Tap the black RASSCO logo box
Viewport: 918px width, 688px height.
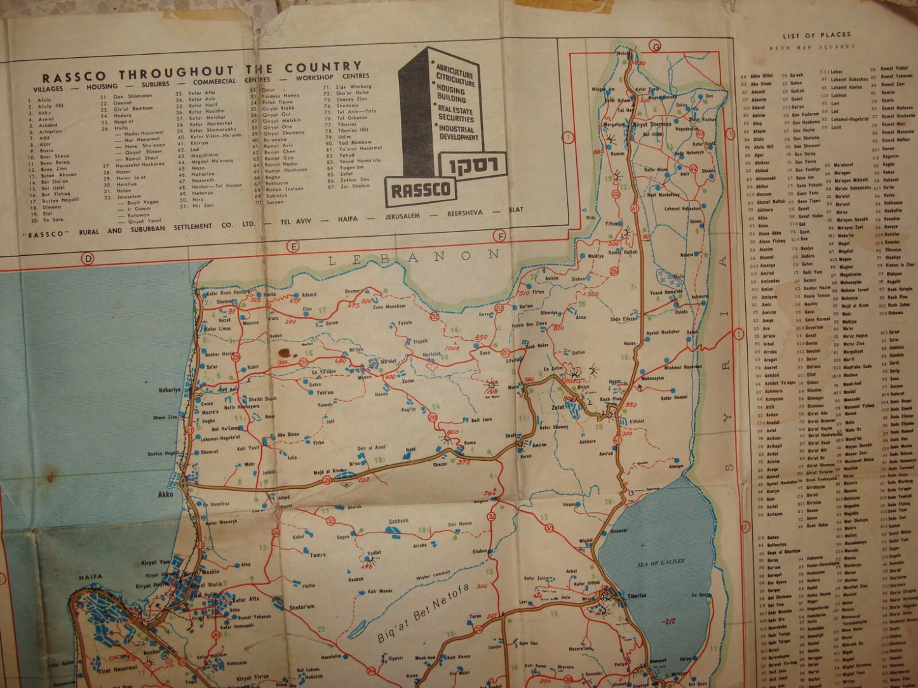(x=420, y=189)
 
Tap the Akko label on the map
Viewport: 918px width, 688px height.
(x=166, y=493)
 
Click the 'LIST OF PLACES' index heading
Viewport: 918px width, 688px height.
(x=816, y=36)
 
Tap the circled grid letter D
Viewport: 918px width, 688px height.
(x=87, y=258)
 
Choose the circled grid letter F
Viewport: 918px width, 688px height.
(x=501, y=237)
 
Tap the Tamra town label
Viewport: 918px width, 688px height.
(x=318, y=555)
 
